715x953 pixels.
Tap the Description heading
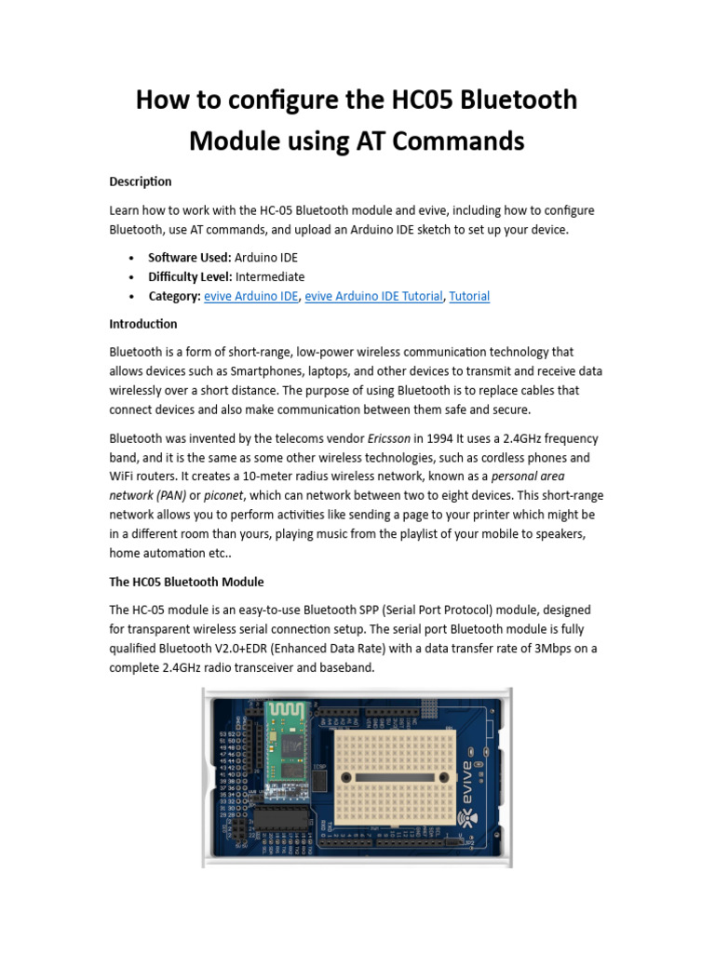tap(141, 181)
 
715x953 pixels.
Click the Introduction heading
tap(143, 324)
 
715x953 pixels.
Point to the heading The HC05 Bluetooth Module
tap(186, 582)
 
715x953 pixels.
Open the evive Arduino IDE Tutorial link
tap(373, 296)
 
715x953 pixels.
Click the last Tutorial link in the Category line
tap(469, 296)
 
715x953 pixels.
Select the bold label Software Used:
tap(189, 257)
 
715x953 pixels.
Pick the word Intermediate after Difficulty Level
tap(270, 276)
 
